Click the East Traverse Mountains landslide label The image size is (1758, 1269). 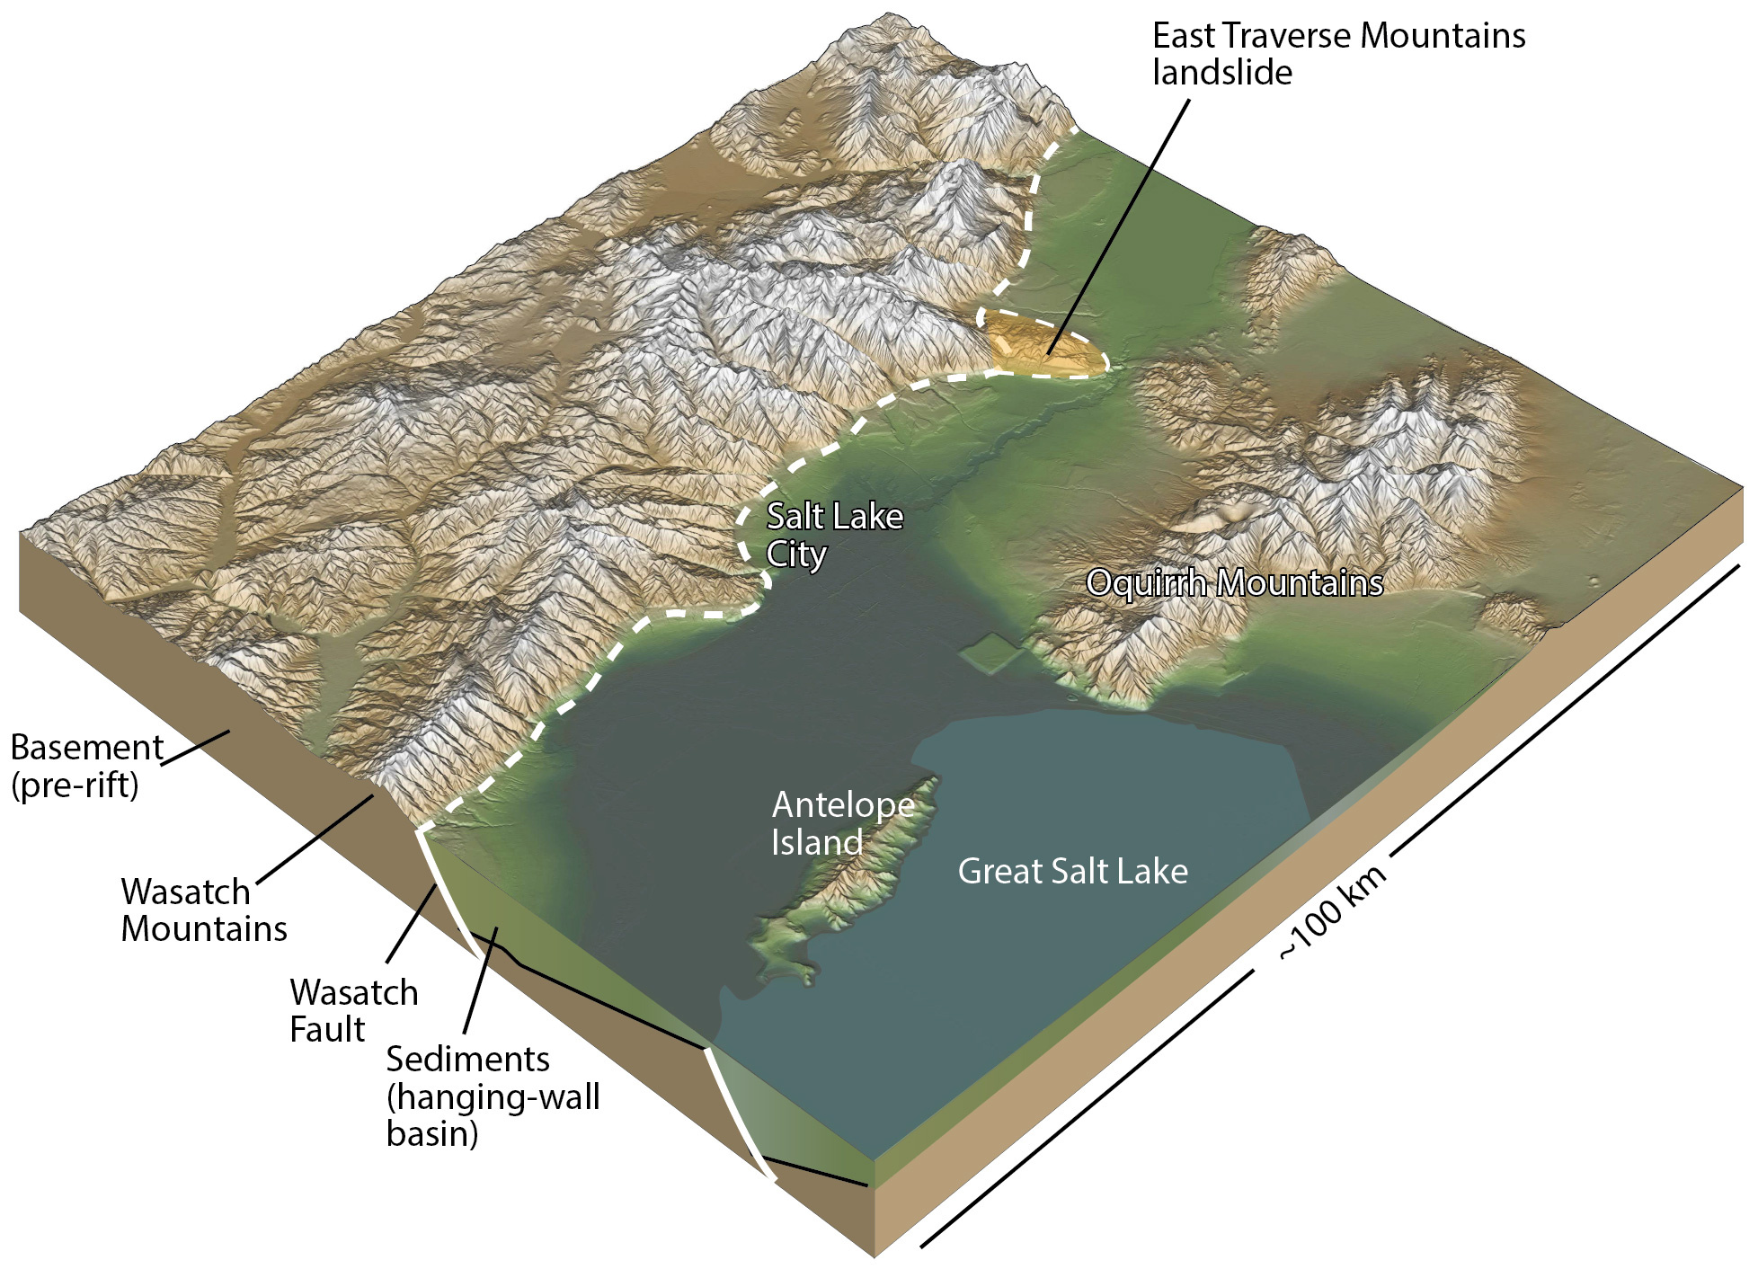click(x=1337, y=54)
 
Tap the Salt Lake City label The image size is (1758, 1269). click(x=833, y=535)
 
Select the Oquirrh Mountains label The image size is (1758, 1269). click(x=1234, y=583)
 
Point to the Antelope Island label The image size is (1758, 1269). click(x=842, y=823)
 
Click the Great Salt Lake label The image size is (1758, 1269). click(x=1072, y=872)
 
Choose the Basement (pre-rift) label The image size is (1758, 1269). click(x=85, y=766)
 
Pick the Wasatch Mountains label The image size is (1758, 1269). click(x=204, y=910)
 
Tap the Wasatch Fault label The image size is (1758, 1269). click(x=354, y=1010)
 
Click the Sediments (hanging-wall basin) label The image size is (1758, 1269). click(x=493, y=1096)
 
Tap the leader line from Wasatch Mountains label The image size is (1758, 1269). click(x=315, y=841)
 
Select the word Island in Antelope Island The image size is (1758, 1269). click(x=816, y=843)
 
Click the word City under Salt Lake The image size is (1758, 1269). click(x=795, y=554)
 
